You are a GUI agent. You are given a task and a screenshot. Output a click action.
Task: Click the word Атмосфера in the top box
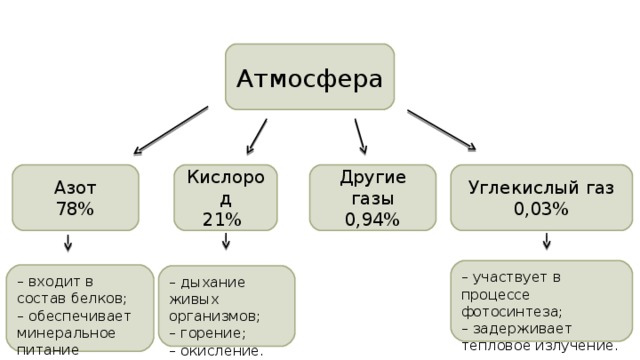309,78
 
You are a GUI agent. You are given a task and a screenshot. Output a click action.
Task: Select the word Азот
75,188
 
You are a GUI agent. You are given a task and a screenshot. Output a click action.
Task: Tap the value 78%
75,209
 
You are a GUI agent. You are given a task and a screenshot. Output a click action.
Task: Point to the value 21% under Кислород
222,219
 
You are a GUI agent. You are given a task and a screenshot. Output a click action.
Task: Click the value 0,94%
372,219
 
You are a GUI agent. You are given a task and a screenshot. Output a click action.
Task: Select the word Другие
373,178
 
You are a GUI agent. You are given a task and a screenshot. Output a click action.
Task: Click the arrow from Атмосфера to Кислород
258,136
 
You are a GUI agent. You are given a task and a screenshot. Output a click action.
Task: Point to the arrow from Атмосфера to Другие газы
360,136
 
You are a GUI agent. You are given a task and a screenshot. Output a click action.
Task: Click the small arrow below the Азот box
68,243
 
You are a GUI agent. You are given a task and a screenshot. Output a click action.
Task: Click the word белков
101,298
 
